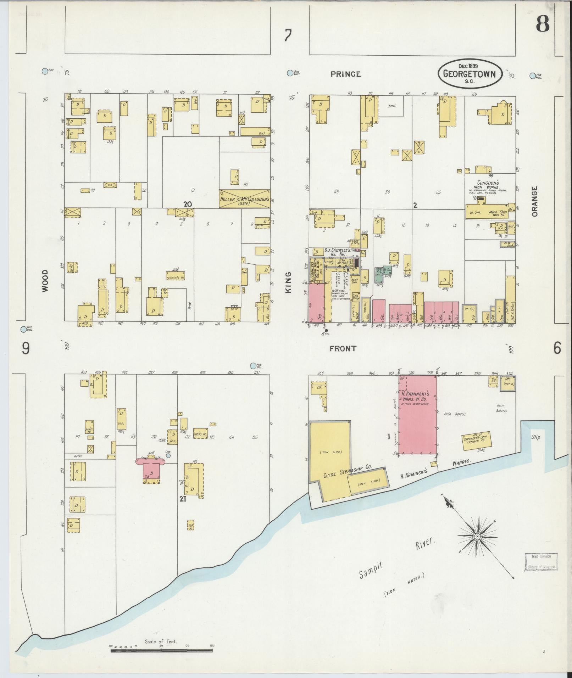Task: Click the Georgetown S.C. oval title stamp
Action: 470,74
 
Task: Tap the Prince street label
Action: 345,74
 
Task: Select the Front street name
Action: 343,349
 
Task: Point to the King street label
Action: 288,282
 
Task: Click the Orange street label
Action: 535,201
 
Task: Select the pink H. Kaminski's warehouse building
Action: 417,415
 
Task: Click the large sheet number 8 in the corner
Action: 542,24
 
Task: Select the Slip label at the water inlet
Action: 535,437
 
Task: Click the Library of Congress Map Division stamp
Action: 541,562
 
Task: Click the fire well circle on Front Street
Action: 253,366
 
